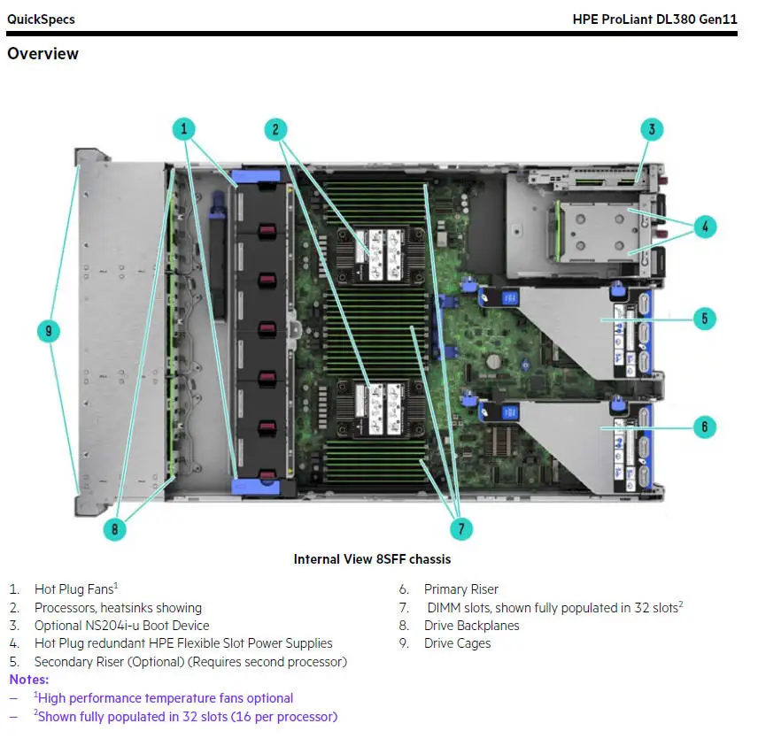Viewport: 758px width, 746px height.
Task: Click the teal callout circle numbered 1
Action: (x=183, y=129)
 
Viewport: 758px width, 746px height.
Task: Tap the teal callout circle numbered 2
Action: (x=275, y=129)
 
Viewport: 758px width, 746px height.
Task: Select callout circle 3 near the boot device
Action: (x=652, y=130)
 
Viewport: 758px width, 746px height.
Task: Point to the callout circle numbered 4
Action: (x=705, y=227)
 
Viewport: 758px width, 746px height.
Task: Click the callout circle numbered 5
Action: (x=704, y=318)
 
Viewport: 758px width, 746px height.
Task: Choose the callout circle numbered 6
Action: (x=704, y=427)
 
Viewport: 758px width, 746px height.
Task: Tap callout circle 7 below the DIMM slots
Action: (x=460, y=529)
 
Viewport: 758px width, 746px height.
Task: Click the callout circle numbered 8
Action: (x=114, y=529)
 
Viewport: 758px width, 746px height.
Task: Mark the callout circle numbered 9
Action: (x=50, y=332)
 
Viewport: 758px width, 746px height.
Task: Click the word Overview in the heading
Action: (x=43, y=54)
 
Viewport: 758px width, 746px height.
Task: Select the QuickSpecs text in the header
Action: (x=41, y=19)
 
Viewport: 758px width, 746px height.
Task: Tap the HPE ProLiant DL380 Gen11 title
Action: (x=655, y=19)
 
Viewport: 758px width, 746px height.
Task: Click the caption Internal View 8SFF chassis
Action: (x=372, y=559)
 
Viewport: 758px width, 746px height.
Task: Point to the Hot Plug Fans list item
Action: (x=74, y=589)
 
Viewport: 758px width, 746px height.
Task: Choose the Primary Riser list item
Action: (x=460, y=589)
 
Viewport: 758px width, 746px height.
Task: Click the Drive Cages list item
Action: (x=457, y=643)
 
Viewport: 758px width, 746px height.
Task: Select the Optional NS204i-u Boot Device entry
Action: (x=121, y=626)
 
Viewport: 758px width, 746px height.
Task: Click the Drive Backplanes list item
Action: (x=471, y=626)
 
